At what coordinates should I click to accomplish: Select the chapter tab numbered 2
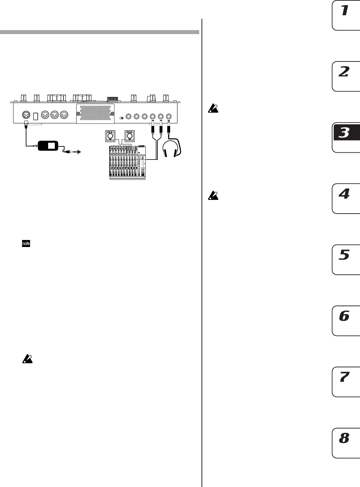tap(346, 76)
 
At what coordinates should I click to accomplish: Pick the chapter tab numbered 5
tap(346, 259)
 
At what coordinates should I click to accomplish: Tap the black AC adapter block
tap(48, 146)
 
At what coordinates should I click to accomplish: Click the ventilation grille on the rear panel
tap(96, 114)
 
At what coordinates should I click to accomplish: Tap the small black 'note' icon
tap(26, 244)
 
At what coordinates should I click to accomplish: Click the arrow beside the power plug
tap(77, 152)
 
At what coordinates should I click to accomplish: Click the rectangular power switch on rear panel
tap(35, 116)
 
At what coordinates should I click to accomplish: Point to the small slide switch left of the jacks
tap(122, 118)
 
